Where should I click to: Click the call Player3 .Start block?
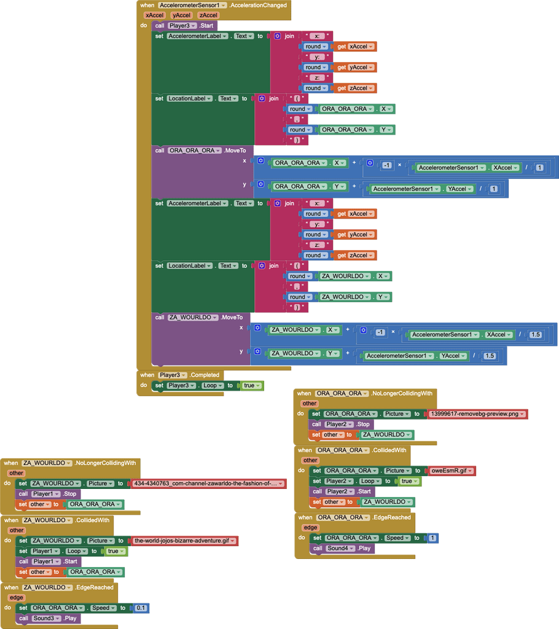point(160,26)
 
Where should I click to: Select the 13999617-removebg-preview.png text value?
point(477,414)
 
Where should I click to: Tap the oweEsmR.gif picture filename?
point(451,471)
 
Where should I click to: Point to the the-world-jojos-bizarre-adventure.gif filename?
point(184,541)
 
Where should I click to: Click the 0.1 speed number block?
point(141,608)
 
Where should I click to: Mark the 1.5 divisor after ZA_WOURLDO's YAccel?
point(490,356)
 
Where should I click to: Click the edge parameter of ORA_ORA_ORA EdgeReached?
point(311,527)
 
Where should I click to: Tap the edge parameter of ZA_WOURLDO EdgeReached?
point(16,597)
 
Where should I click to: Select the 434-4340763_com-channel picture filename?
point(209,484)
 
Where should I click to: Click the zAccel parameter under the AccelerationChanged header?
point(208,15)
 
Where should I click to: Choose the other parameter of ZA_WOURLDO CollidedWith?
point(17,530)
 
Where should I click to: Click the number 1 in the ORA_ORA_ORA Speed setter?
point(432,538)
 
